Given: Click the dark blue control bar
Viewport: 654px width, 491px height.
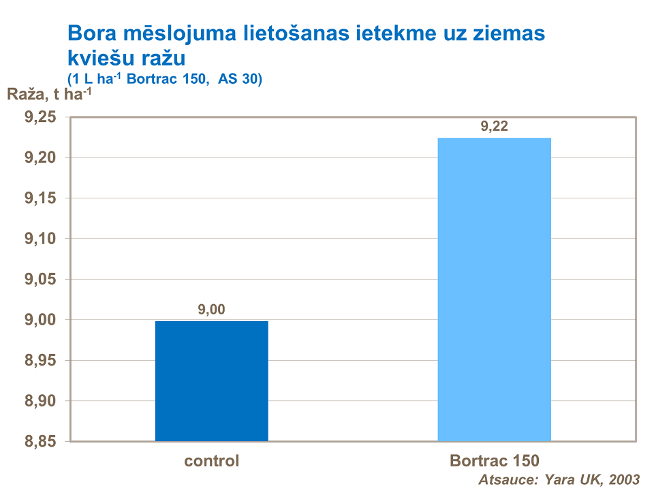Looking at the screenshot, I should pyautogui.click(x=211, y=381).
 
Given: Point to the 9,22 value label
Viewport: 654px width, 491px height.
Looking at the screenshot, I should pyautogui.click(x=495, y=126).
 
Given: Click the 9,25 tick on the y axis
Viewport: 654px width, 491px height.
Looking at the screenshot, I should pyautogui.click(x=40, y=117).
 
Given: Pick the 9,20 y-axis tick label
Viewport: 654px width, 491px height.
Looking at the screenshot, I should pyautogui.click(x=40, y=158).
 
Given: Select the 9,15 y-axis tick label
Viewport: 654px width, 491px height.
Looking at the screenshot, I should pyautogui.click(x=40, y=198).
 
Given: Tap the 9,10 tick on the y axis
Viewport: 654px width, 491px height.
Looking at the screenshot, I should pyautogui.click(x=40, y=239).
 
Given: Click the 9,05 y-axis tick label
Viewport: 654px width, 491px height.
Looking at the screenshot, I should pyautogui.click(x=40, y=280).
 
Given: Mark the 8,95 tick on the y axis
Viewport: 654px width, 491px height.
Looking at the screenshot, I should pyautogui.click(x=40, y=360).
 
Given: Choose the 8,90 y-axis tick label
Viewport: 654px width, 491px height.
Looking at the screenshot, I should pyautogui.click(x=40, y=401).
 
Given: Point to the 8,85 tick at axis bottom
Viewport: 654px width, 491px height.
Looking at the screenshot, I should pyautogui.click(x=40, y=441).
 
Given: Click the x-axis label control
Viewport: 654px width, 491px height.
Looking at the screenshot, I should pyautogui.click(x=211, y=461).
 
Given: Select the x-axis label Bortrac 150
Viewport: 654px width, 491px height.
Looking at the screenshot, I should pyautogui.click(x=494, y=461).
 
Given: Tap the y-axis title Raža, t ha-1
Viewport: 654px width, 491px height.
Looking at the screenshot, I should pyautogui.click(x=49, y=95).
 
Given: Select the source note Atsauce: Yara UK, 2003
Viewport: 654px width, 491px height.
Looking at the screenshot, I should pyautogui.click(x=559, y=479).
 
